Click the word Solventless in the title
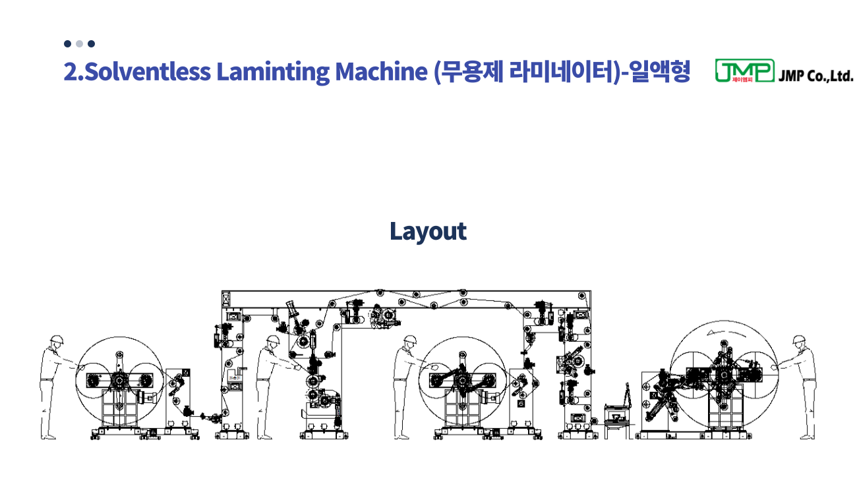coord(147,72)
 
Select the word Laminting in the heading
coord(273,72)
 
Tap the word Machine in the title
coord(381,72)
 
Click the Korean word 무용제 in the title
coord(468,72)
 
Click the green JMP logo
coord(744,70)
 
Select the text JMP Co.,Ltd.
coord(815,76)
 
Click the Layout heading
coord(428,231)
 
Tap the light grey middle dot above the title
coord(79,43)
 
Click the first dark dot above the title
coord(67,43)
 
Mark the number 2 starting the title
coord(70,72)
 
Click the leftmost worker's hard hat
coord(56,340)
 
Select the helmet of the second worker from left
coord(272,340)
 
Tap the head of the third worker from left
coord(410,343)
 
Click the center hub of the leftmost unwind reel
coord(119,381)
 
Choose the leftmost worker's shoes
coord(48,437)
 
